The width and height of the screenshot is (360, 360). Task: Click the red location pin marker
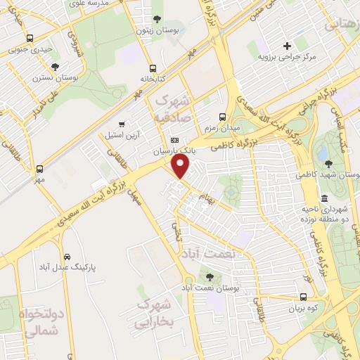(181, 167)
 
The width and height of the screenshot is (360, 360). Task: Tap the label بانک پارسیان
(172, 151)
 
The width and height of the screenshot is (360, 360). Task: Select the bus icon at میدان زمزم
(223, 117)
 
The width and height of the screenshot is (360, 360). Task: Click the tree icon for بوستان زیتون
(156, 19)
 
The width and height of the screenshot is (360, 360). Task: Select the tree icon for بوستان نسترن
(55, 66)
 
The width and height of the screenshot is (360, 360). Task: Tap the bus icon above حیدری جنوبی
(29, 39)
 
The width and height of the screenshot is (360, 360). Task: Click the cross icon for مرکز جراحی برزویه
(287, 45)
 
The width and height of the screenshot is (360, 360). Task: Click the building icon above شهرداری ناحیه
(323, 199)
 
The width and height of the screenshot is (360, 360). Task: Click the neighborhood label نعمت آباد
(210, 252)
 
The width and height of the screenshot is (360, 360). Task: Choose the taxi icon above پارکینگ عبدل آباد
(67, 257)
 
